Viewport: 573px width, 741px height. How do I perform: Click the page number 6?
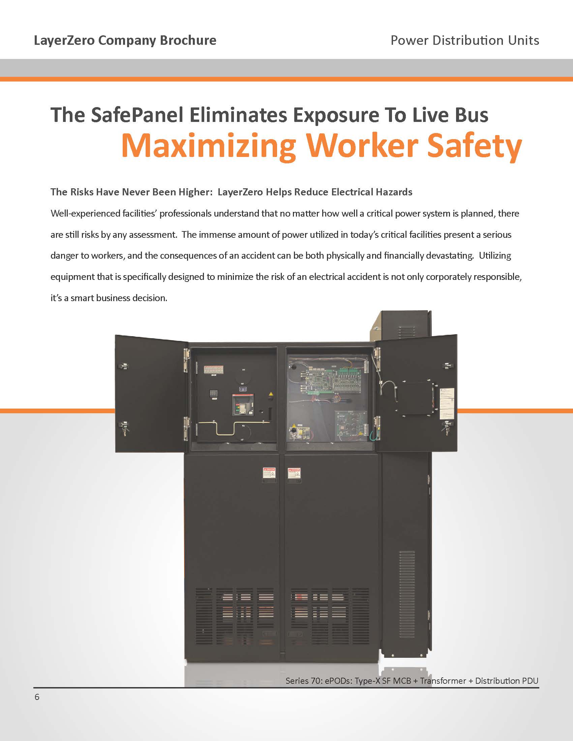[37, 697]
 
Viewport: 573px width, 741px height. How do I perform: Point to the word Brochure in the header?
[188, 40]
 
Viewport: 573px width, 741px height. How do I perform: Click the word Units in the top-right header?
[523, 40]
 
